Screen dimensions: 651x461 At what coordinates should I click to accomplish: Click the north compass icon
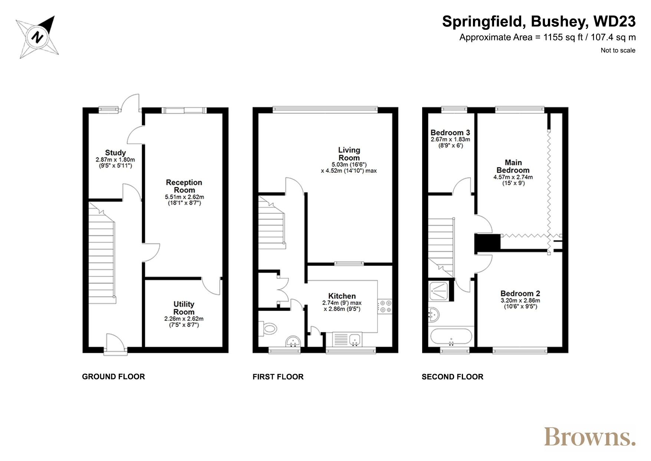[37, 37]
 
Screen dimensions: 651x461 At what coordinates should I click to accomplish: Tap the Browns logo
[589, 437]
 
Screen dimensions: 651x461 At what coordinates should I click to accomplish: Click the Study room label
[115, 153]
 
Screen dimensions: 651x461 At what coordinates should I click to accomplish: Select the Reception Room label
[184, 186]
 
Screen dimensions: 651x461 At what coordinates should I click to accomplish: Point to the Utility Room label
[184, 308]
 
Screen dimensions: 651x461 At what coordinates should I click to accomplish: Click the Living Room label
[349, 154]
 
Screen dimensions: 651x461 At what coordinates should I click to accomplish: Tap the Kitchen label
[342, 296]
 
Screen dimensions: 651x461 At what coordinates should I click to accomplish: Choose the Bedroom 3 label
[450, 133]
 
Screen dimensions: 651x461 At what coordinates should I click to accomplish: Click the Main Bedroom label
[513, 166]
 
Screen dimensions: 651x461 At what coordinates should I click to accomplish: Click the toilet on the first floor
[268, 328]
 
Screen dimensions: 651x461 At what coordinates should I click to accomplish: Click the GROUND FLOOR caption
[114, 377]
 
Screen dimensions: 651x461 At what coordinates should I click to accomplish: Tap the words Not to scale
[618, 51]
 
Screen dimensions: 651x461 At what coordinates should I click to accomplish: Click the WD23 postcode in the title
[615, 22]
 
